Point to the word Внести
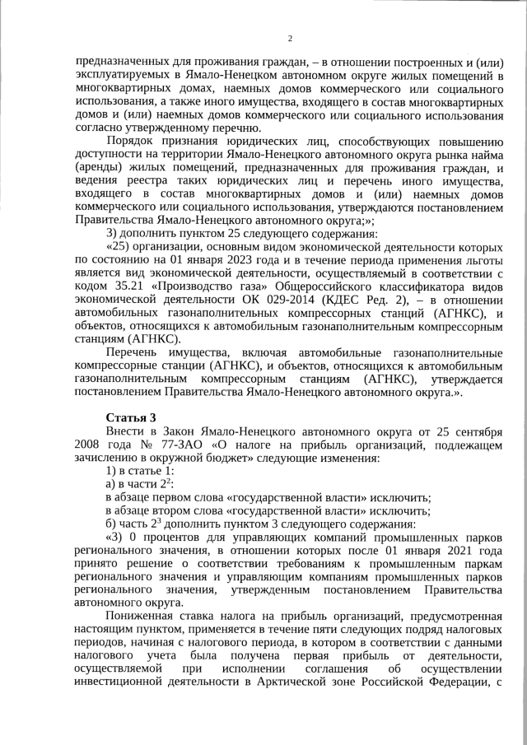[x=125, y=431]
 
